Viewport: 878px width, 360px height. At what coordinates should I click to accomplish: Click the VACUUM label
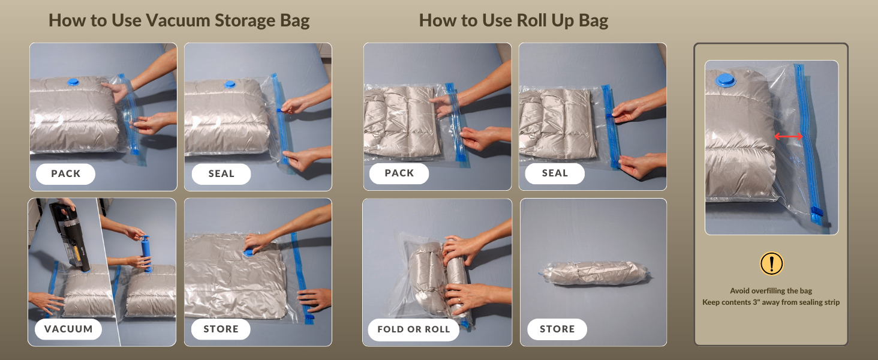(68, 329)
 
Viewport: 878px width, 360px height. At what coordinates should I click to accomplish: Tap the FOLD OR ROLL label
(414, 329)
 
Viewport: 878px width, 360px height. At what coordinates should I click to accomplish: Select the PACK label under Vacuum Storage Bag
(65, 174)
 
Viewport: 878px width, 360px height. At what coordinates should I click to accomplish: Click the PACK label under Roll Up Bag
(399, 173)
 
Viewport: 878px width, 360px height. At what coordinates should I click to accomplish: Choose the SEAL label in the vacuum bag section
(221, 174)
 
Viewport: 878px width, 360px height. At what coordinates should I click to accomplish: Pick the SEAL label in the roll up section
(555, 173)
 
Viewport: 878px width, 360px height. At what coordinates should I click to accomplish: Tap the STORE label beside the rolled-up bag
(557, 329)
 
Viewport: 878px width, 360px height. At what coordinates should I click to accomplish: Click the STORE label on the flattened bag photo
(221, 329)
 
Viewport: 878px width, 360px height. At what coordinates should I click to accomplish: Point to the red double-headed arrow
(788, 136)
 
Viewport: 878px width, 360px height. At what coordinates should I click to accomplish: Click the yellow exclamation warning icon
(771, 263)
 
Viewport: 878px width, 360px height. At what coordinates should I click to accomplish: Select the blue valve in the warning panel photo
(726, 80)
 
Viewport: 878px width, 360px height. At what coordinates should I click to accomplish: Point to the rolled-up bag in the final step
(595, 273)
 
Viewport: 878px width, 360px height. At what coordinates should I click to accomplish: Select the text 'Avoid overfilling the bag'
(771, 290)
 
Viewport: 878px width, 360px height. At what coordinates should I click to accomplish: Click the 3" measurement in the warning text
(756, 302)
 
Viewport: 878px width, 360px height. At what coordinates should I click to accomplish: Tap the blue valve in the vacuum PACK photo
(73, 82)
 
